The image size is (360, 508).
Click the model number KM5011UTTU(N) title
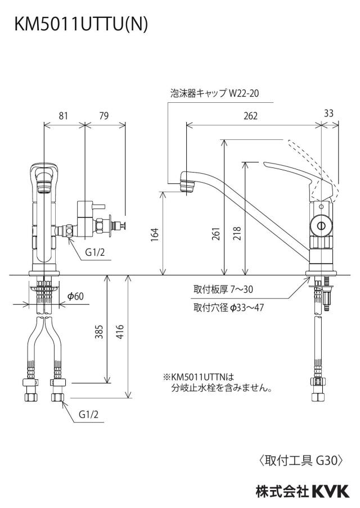tap(81, 25)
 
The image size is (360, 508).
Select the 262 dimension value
tap(250, 116)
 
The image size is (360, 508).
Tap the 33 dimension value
tap(328, 113)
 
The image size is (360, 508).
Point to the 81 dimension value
tap(64, 116)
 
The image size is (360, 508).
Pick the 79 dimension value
tap(104, 116)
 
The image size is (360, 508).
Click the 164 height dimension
tap(155, 234)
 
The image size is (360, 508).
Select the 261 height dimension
tap(216, 234)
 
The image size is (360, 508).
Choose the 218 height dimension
tap(237, 234)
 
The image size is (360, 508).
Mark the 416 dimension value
tap(120, 332)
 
